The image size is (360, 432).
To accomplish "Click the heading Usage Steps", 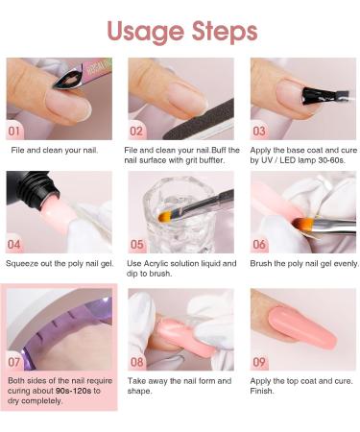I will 182,31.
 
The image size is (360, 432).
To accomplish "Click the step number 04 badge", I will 15,244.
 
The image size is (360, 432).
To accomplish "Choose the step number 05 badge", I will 137,244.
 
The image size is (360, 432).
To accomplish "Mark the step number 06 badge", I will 259,244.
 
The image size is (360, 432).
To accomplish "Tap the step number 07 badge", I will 15,362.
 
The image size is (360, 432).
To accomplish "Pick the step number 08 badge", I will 137,362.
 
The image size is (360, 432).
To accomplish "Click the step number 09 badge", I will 259,362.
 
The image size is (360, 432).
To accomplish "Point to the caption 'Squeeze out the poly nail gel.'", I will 60,263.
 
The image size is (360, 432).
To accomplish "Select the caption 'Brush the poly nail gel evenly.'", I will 301,263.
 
